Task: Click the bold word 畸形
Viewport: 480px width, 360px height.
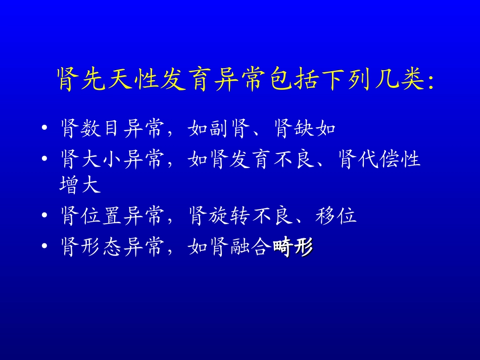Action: click(x=293, y=247)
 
